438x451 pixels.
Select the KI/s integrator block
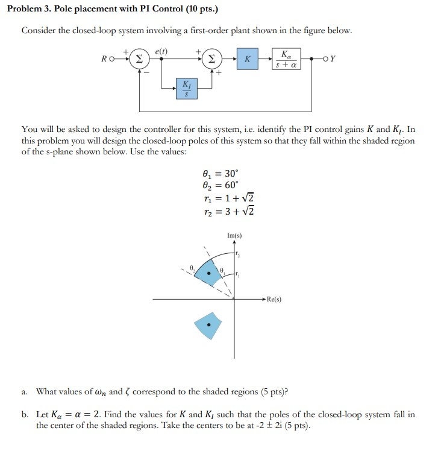(186, 88)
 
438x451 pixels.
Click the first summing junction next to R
(139, 60)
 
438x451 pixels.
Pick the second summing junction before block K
(212, 60)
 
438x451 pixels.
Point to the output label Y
(333, 59)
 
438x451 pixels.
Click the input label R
(105, 60)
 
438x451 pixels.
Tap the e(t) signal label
(161, 51)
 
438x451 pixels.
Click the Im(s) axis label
(234, 235)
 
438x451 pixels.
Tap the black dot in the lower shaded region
(208, 326)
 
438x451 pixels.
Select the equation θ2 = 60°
(221, 184)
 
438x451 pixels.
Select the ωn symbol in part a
(98, 392)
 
